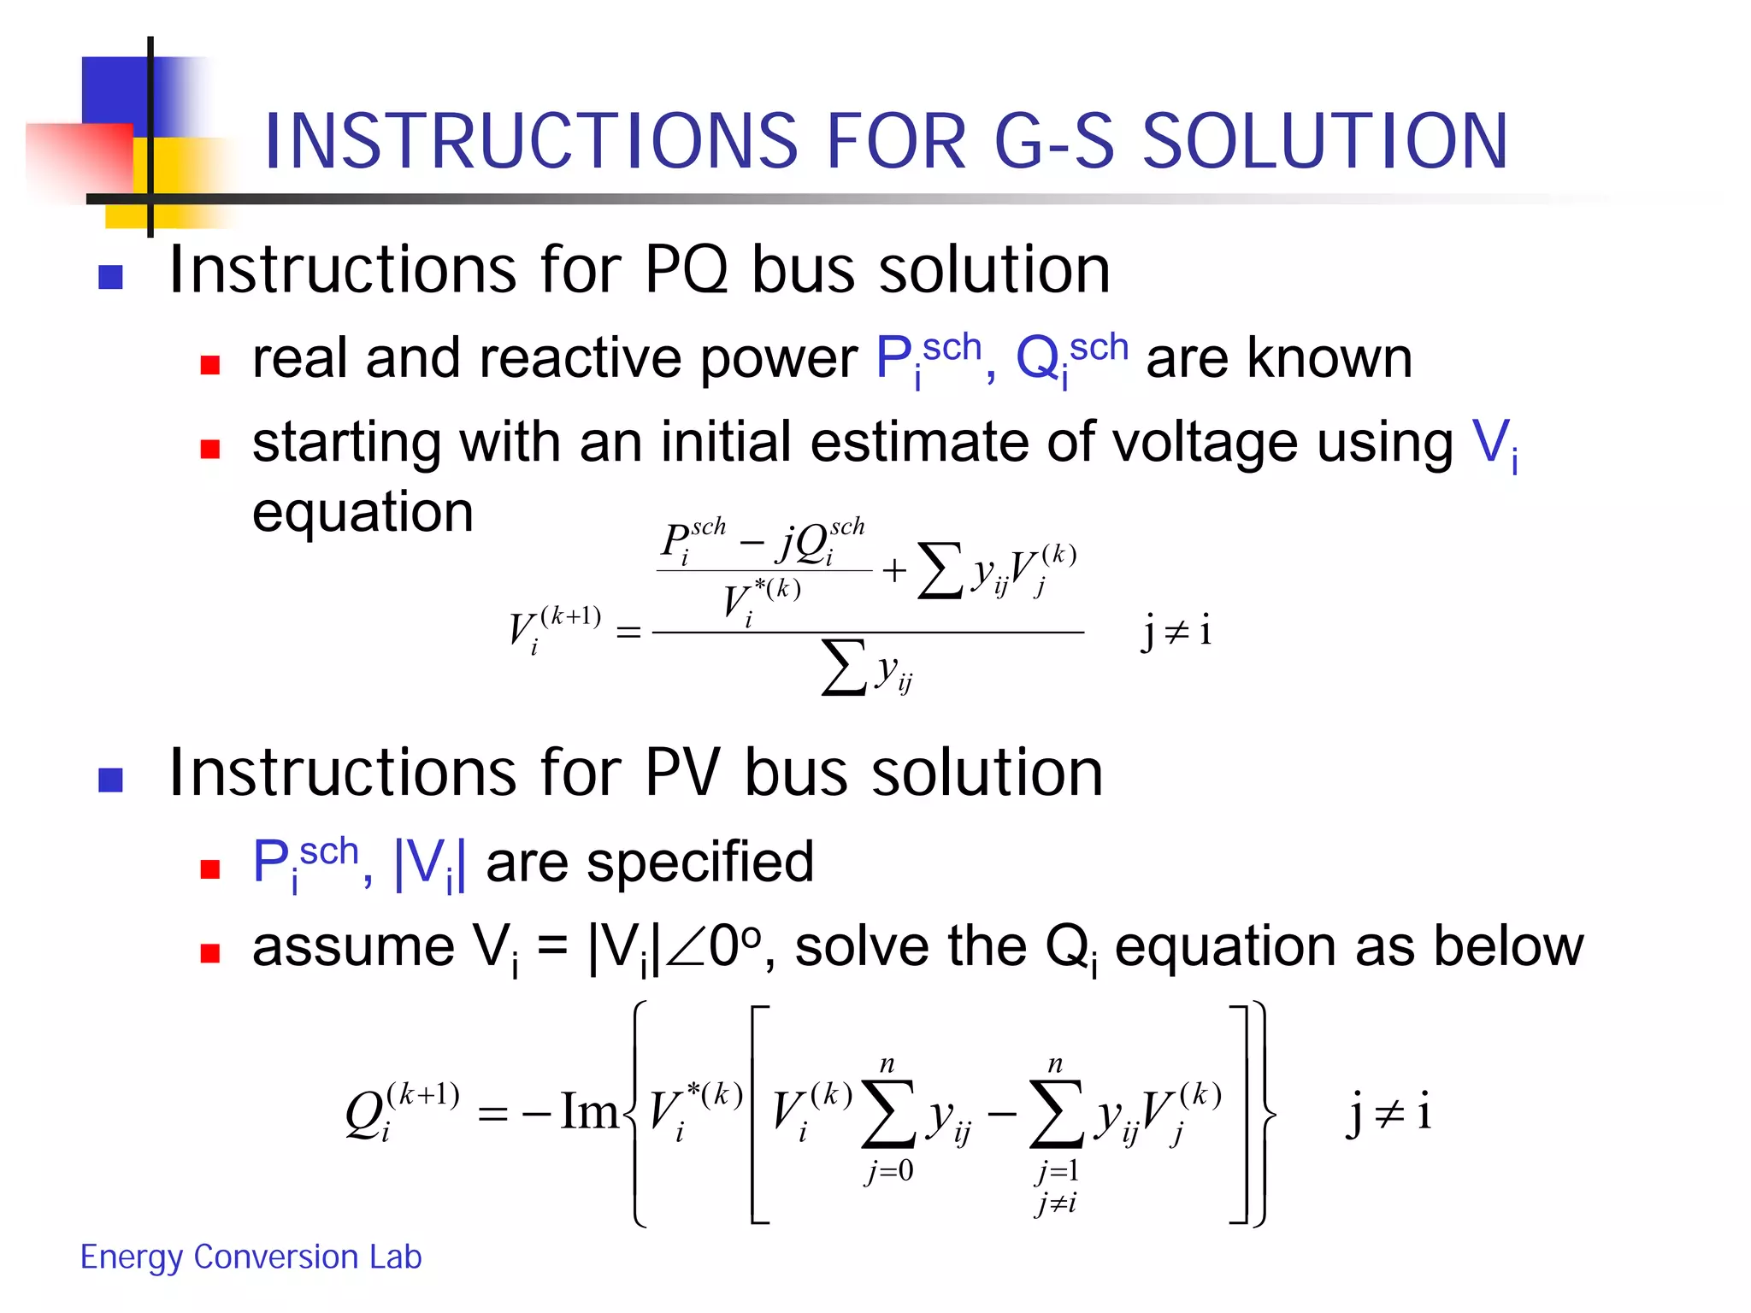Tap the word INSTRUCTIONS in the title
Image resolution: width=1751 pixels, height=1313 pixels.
530,141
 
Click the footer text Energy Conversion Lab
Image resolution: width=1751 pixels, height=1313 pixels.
251,1257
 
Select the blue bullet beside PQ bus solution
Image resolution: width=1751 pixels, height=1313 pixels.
111,277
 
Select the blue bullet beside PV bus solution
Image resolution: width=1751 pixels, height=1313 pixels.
111,780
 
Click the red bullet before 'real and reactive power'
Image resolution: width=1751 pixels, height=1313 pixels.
209,366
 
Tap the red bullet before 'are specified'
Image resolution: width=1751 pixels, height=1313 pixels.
209,869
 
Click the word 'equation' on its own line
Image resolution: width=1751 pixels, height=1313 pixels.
363,513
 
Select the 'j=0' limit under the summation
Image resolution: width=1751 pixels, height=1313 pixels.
889,1171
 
